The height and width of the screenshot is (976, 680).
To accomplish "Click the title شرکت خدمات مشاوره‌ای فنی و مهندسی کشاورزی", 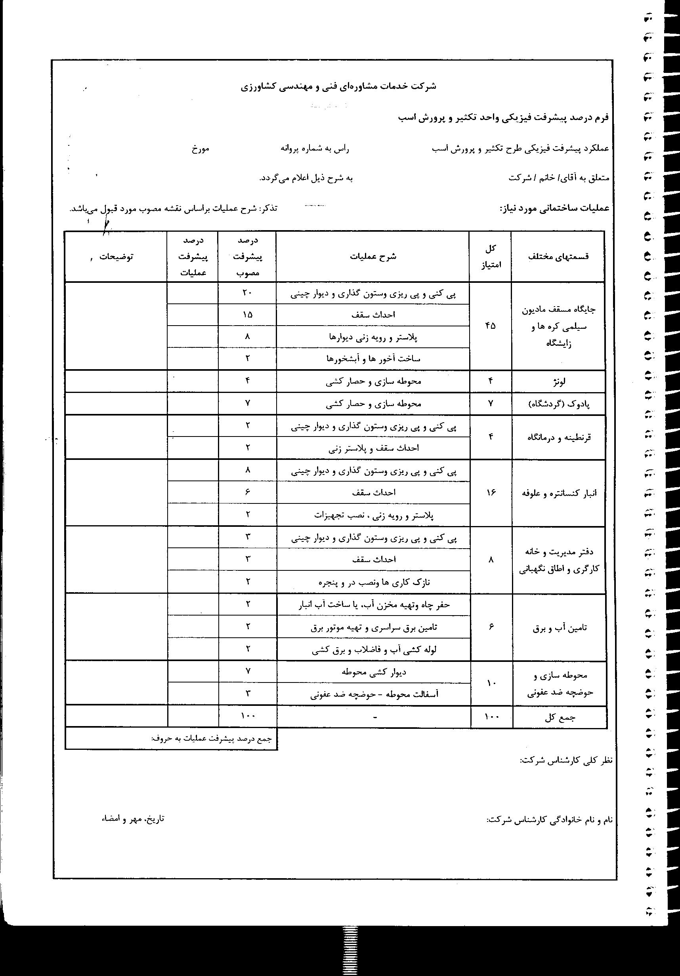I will pyautogui.click(x=338, y=86).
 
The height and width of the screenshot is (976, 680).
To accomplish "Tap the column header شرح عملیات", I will pyautogui.click(x=373, y=257).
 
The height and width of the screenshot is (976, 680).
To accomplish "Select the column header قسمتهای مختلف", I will pyautogui.click(x=558, y=257).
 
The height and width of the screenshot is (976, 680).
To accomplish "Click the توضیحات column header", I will pyautogui.click(x=116, y=257).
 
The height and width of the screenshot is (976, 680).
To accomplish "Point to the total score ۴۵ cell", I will pyautogui.click(x=490, y=326).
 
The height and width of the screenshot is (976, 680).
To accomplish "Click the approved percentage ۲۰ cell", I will pyautogui.click(x=247, y=293).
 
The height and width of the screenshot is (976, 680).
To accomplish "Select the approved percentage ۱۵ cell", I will pyautogui.click(x=247, y=315).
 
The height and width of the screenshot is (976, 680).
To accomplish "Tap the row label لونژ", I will pyautogui.click(x=558, y=382).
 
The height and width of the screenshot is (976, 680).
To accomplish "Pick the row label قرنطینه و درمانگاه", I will pyautogui.click(x=558, y=437).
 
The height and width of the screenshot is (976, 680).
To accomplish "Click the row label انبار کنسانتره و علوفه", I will pyautogui.click(x=559, y=493).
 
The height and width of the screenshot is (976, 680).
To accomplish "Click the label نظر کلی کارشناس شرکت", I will pyautogui.click(x=566, y=760).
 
